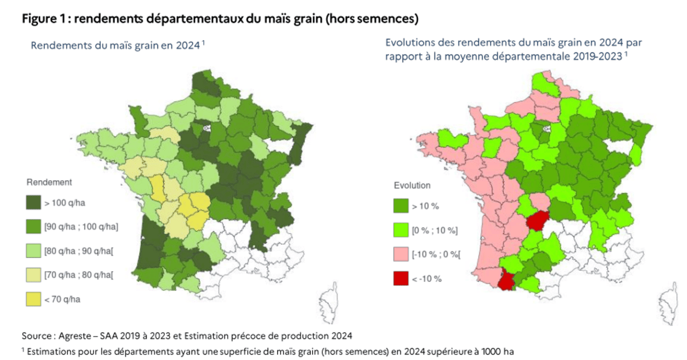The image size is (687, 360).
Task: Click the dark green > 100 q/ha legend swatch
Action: coord(33,202)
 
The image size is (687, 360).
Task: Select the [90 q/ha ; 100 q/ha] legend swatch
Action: coord(33,226)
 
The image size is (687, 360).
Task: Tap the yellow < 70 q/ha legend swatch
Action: coord(33,298)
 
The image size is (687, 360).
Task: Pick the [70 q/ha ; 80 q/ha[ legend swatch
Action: coord(33,275)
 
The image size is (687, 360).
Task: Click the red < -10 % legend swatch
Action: coord(401,279)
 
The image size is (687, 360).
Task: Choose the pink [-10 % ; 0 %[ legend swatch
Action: coord(401,254)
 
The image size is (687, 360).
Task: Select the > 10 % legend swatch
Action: coord(401,205)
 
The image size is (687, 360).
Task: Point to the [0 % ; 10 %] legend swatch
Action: coord(401,230)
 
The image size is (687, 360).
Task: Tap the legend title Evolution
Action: coord(412,185)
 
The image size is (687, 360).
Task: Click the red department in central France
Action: coord(537,220)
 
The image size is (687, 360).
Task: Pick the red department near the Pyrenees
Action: coord(508,281)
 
